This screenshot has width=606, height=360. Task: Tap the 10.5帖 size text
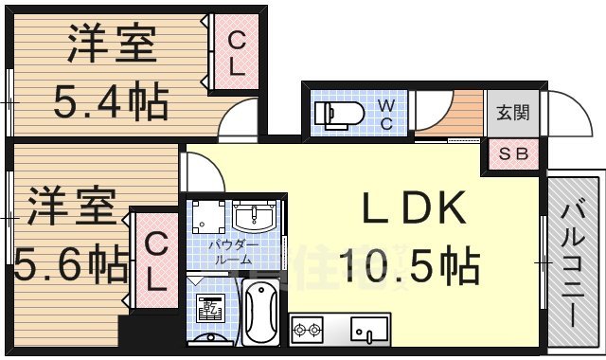(x=410, y=264)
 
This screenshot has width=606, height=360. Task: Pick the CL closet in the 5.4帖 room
(x=237, y=55)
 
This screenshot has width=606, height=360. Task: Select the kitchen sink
(x=368, y=331)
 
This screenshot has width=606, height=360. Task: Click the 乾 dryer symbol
(x=209, y=308)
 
